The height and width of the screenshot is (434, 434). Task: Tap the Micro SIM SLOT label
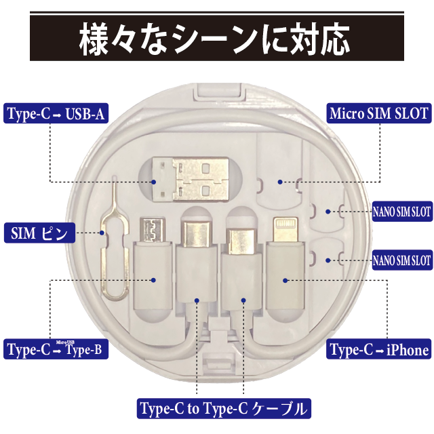coord(379,113)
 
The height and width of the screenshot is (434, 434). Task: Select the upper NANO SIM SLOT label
coord(401,212)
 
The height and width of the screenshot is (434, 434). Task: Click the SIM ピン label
coord(39,233)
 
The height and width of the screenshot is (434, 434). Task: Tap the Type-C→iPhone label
coord(379,350)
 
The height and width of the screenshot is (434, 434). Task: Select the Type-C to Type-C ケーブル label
coord(223,409)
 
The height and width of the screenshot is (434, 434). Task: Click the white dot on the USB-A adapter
coord(155,182)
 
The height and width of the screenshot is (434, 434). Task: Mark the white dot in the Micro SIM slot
coord(279,182)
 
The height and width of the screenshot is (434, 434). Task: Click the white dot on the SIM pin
coord(103,233)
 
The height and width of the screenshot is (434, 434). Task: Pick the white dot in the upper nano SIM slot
coord(328,212)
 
